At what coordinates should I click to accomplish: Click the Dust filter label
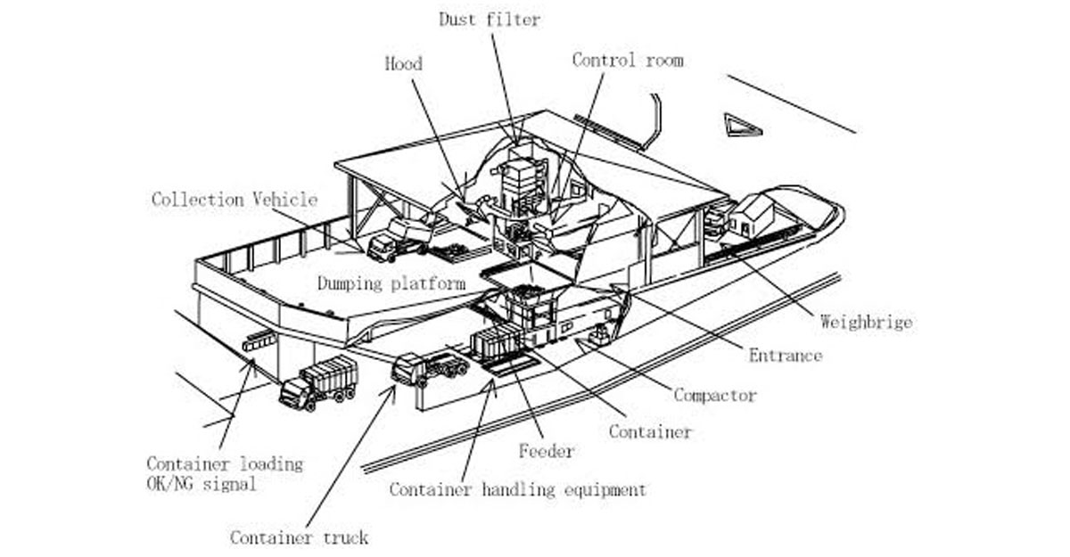[x=489, y=20]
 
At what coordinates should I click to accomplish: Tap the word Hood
[x=403, y=63]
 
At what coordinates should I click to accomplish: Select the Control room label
[x=628, y=61]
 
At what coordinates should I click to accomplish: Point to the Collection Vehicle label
[x=234, y=199]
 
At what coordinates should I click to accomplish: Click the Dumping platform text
[x=391, y=283]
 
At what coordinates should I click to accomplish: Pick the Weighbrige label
[x=865, y=322]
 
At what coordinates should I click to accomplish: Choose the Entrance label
[x=785, y=356]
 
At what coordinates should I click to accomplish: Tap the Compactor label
[x=715, y=395]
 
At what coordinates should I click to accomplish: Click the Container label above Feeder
[x=650, y=431]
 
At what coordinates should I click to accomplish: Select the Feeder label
[x=547, y=451]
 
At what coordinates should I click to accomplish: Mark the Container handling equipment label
[x=517, y=489]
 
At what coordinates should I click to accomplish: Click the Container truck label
[x=299, y=537]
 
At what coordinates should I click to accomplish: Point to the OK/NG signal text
[x=202, y=484]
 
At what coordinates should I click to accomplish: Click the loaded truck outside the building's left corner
[x=318, y=382]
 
